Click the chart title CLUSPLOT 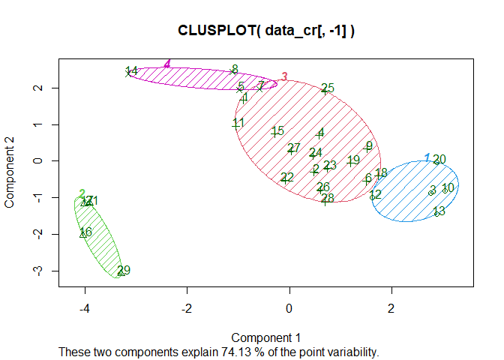[266, 31]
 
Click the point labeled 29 [121, 272]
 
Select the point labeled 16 [82, 234]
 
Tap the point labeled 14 [128, 73]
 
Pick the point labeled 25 [324, 90]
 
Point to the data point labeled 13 [436, 213]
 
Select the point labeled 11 [235, 124]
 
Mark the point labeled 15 [274, 133]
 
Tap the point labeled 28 [324, 200]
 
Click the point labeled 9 [366, 148]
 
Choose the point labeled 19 [350, 162]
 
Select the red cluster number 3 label [284, 76]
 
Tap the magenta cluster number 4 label [168, 64]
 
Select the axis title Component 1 [265, 337]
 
